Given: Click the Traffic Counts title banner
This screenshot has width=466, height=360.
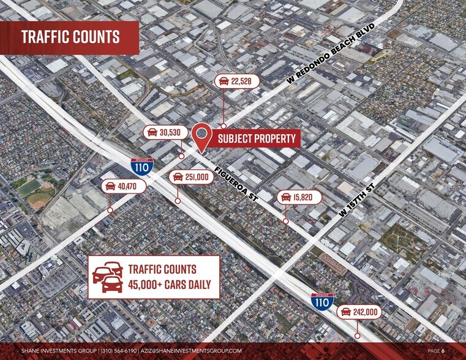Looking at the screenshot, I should [70, 37].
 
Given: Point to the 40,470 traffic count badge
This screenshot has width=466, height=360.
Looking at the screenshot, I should [124, 186].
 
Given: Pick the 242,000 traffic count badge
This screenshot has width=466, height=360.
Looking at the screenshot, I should [359, 312].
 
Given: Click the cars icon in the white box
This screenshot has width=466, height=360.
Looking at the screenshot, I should [108, 276].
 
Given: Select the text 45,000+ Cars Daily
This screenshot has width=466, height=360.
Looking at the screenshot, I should [169, 284].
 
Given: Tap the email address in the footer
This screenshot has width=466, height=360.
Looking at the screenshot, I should [191, 351].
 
